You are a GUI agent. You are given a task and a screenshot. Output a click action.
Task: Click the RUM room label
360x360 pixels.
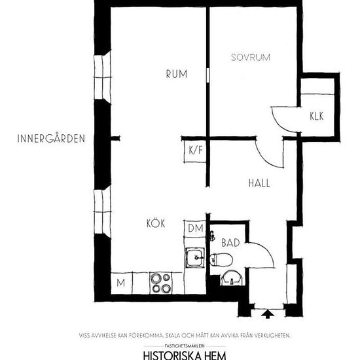click(177, 74)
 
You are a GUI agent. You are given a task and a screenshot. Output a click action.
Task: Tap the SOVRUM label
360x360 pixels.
click(251, 58)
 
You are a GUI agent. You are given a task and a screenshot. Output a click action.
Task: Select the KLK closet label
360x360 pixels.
click(317, 116)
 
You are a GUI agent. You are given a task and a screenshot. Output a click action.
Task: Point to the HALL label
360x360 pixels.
click(259, 183)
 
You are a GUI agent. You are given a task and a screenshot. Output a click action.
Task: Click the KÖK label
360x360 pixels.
click(156, 223)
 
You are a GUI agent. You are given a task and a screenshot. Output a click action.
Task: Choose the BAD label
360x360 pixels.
click(231, 243)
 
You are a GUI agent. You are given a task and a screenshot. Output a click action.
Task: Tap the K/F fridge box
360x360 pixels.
click(195, 151)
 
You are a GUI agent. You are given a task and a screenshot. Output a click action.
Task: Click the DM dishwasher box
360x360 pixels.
click(195, 228)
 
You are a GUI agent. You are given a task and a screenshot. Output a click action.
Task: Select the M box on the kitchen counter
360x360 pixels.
click(121, 283)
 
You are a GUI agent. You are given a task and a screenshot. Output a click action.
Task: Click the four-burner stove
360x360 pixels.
click(161, 283)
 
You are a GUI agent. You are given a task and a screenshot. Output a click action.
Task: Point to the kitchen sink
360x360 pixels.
click(195, 258)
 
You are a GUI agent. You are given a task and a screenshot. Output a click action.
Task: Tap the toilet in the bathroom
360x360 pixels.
click(221, 260)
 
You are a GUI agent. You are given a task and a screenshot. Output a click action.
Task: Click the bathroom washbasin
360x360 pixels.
click(232, 278)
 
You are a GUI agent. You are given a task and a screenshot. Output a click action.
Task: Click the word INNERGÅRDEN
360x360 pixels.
click(51, 139)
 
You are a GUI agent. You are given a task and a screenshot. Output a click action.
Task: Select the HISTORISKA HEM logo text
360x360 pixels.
click(185, 355)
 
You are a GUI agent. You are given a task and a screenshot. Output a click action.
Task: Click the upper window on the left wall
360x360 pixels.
click(103, 77)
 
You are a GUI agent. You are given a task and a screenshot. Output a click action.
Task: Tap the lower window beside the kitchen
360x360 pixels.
click(103, 211)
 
